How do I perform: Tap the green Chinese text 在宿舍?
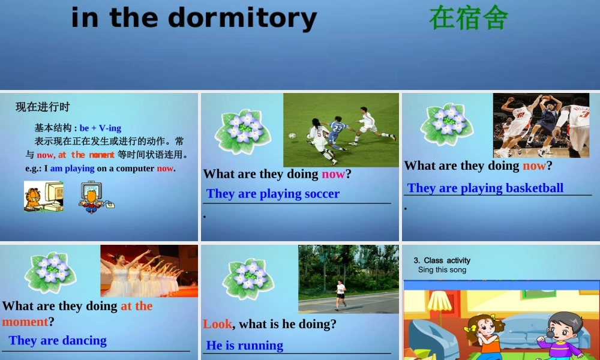coord(469,18)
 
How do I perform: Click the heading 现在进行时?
coord(43,107)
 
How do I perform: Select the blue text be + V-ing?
coord(100,128)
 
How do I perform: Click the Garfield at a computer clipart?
coord(43,197)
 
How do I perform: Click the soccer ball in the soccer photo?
coord(292,136)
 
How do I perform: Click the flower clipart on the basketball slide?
coord(446,124)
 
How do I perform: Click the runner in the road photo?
coord(341,293)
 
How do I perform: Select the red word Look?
coord(217,324)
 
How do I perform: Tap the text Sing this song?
coord(442,270)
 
